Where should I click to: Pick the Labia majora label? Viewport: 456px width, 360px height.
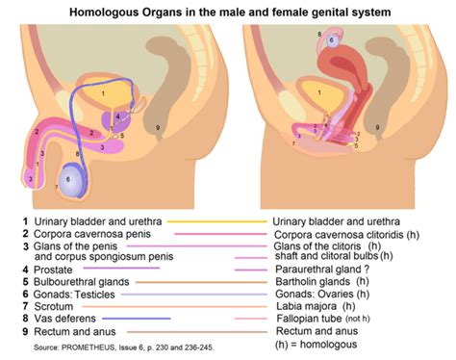(304, 306)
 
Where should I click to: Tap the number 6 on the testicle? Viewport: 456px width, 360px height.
(67, 178)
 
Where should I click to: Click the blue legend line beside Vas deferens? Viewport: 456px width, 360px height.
(136, 318)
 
